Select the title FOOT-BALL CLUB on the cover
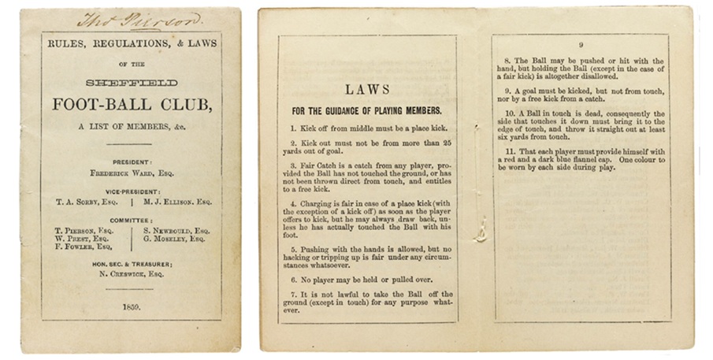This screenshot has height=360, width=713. (131, 105)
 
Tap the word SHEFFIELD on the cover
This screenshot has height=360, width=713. (131, 83)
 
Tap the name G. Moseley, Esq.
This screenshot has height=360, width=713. (175, 238)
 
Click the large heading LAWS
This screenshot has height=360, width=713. (367, 90)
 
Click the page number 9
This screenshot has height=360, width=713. (581, 44)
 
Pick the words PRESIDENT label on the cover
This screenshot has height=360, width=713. (131, 160)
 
